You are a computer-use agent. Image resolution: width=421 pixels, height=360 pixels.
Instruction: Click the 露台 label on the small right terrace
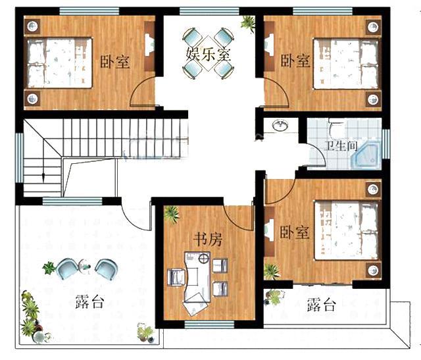pos(321,305)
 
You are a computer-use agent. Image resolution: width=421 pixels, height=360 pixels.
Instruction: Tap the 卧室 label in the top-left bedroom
pos(114,62)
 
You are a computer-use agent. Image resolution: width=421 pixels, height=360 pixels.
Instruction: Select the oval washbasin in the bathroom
pos(280,125)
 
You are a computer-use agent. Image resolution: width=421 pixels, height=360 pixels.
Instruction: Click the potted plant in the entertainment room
pos(248,23)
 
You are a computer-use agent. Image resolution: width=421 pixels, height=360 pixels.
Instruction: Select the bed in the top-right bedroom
pos(346,63)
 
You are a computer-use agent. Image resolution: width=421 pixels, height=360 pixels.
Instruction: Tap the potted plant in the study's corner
pos(172,214)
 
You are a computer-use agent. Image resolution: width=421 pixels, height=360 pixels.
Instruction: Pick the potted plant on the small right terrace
pos(274,297)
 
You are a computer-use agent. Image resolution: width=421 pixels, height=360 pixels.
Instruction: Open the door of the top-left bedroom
pos(143,92)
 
